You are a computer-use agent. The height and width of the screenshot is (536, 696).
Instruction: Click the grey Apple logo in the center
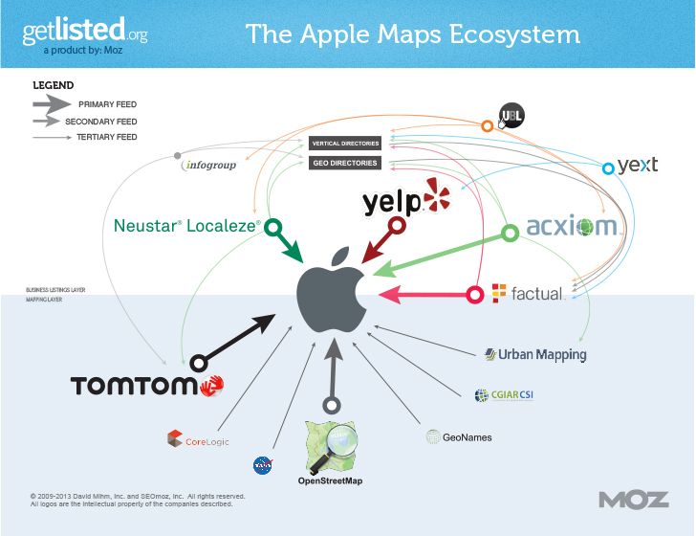pyautogui.click(x=331, y=291)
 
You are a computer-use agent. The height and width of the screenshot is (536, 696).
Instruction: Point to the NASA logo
pyautogui.click(x=263, y=466)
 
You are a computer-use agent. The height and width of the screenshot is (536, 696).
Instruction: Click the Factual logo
pyautogui.click(x=527, y=293)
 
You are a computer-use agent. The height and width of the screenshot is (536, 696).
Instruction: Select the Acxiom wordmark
pyautogui.click(x=571, y=228)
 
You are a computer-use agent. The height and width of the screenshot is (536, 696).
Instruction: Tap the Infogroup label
pyautogui.click(x=208, y=165)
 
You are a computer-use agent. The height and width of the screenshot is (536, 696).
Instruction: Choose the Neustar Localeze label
pyautogui.click(x=186, y=227)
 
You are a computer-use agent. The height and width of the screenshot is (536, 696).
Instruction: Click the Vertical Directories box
pyautogui.click(x=345, y=144)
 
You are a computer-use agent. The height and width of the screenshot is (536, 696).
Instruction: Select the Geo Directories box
pyautogui.click(x=345, y=163)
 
